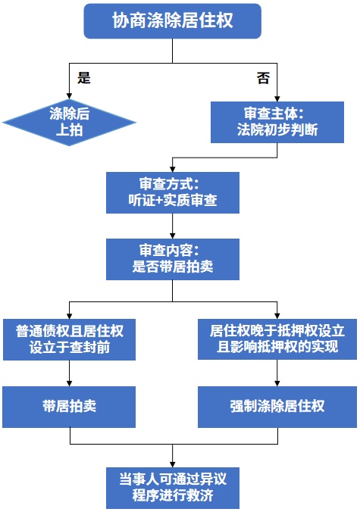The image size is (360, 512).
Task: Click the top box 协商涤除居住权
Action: [173, 20]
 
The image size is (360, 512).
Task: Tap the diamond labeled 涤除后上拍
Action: [69, 122]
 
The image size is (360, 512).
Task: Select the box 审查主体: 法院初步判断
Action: [277, 121]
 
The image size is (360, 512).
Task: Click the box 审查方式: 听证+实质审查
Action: [173, 193]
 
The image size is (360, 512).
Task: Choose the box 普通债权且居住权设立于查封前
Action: [69, 339]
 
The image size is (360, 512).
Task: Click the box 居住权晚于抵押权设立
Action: [277, 339]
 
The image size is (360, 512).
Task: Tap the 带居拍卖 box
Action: [69, 407]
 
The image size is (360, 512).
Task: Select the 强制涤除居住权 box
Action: [277, 407]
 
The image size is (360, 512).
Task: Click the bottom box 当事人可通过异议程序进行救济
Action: [173, 487]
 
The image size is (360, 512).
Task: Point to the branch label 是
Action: [84, 78]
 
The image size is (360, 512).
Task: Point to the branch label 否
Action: [262, 78]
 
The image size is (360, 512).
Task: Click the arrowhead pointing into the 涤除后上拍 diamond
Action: [69, 96]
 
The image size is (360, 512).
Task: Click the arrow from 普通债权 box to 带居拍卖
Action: [69, 373]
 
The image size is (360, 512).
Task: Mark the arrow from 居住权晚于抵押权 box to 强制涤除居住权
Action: [277, 373]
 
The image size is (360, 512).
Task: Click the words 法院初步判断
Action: [277, 130]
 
